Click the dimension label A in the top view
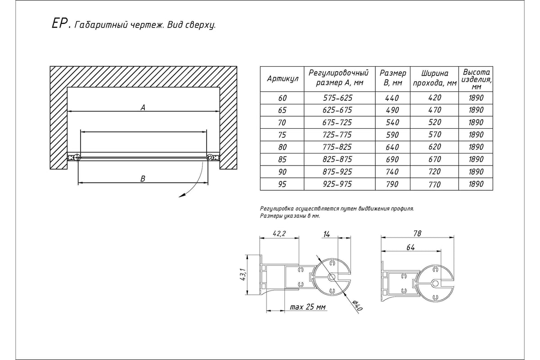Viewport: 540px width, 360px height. (x=142, y=107)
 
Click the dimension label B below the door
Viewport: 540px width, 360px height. (x=143, y=179)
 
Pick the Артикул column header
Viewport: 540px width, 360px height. (x=283, y=79)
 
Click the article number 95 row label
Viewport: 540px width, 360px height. (x=283, y=184)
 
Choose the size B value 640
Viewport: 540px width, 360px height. (x=392, y=147)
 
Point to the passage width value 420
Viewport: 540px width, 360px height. (x=434, y=98)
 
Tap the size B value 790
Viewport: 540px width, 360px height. (x=392, y=184)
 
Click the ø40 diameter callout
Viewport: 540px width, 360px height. (x=357, y=306)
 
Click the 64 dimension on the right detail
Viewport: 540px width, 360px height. (x=410, y=247)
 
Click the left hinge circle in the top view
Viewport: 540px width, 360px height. (x=77, y=157)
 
